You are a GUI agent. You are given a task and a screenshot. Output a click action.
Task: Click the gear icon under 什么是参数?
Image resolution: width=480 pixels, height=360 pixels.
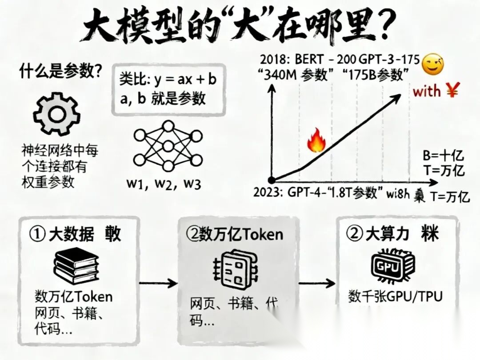[57, 114]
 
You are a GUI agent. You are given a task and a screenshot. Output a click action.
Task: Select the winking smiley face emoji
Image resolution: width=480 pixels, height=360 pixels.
[434, 64]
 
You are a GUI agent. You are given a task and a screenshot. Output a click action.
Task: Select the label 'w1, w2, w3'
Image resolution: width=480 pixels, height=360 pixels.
[164, 184]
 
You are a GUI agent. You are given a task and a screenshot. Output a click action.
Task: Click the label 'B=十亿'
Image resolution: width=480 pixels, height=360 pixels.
[444, 156]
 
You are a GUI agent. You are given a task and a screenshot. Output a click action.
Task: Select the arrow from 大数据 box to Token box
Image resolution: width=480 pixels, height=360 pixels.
[157, 283]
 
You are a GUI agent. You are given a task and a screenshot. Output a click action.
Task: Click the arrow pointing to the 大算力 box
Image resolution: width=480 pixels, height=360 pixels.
[316, 283]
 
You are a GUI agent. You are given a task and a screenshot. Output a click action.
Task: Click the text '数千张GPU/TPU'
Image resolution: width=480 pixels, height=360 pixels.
[396, 296]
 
